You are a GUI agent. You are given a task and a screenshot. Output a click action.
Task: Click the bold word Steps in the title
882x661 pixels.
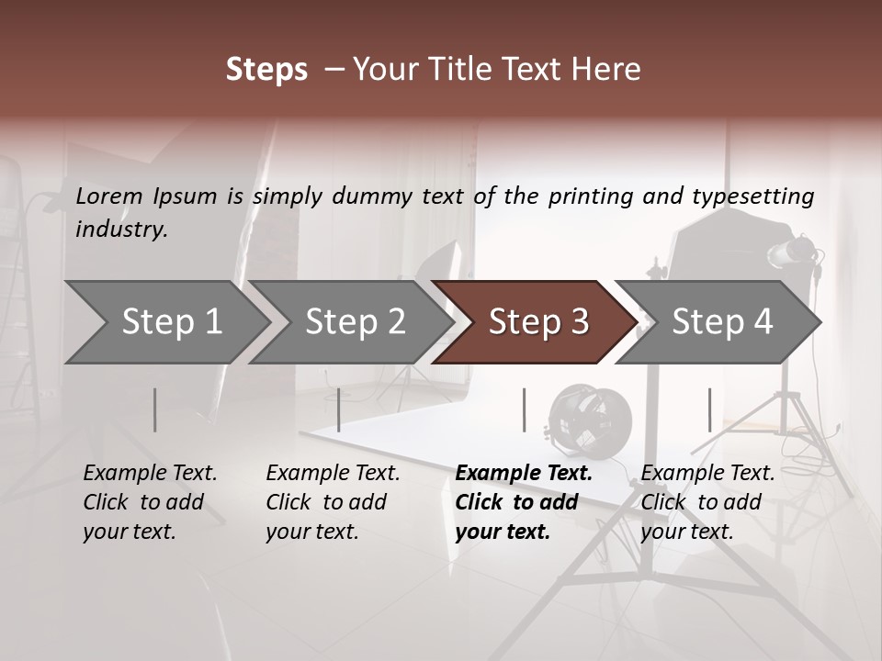click(266, 70)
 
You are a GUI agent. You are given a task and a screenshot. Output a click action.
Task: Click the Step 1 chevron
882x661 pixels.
click(165, 321)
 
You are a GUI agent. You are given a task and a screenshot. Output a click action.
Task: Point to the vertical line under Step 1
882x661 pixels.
click(155, 409)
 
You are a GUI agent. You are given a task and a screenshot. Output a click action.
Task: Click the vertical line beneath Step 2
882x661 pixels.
click(339, 409)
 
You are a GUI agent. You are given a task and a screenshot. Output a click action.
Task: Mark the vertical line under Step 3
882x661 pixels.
click(524, 409)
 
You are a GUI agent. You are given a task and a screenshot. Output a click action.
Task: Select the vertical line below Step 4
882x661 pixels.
click(709, 409)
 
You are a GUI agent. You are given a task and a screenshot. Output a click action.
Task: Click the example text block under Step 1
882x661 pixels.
click(150, 502)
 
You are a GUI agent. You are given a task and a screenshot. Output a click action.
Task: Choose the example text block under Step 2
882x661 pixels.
click(333, 502)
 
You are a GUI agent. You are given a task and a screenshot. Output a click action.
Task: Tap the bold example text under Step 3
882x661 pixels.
click(524, 502)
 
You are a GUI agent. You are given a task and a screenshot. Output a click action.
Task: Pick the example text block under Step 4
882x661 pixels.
click(707, 502)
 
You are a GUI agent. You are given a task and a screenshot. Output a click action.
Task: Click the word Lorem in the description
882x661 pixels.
click(108, 196)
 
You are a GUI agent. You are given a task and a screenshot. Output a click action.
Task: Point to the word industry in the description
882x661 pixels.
click(121, 230)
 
